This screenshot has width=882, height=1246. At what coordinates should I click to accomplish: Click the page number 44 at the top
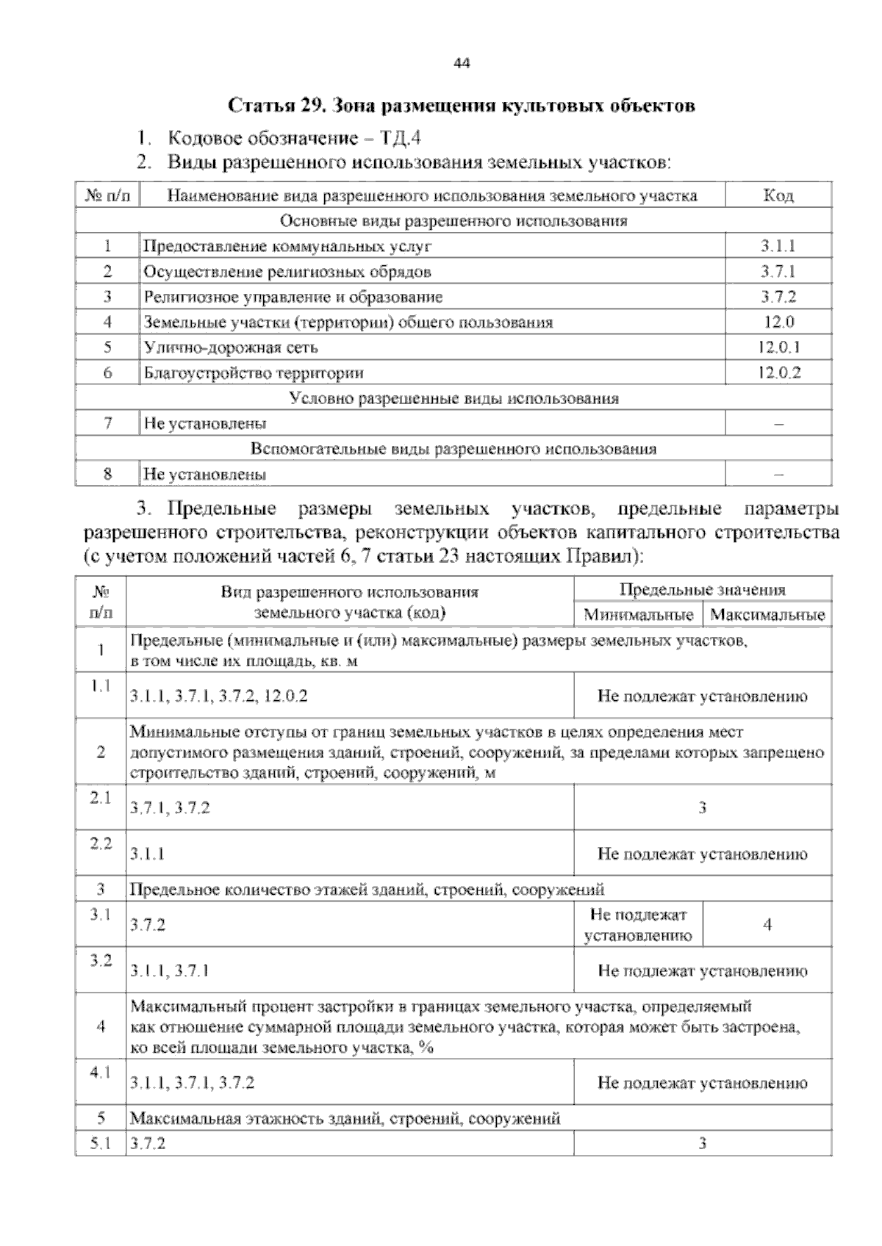tap(462, 63)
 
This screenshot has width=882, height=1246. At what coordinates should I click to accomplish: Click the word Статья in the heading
tap(262, 106)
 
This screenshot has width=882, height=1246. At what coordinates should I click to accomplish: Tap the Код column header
tap(778, 196)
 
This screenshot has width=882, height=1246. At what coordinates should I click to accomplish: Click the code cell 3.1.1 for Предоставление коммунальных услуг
tap(778, 247)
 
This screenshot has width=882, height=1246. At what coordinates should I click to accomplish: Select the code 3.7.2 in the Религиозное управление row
tap(778, 297)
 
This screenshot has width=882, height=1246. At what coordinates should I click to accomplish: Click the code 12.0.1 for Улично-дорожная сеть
tap(778, 347)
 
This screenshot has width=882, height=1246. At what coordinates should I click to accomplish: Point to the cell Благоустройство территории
tap(254, 373)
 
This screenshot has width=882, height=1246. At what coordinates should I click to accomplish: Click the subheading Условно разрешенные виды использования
tap(453, 399)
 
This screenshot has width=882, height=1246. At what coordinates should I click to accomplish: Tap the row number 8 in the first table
tap(107, 474)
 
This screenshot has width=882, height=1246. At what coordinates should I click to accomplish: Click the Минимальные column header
tap(638, 615)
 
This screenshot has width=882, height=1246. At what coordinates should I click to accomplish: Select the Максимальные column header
tap(767, 615)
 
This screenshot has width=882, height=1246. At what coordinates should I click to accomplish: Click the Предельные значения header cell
tap(702, 590)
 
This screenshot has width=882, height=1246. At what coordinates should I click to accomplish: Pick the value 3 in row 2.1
tap(702, 808)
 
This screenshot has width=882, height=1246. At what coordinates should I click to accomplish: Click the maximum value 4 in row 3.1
tap(767, 925)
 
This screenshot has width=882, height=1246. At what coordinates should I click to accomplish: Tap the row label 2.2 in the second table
tap(101, 844)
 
